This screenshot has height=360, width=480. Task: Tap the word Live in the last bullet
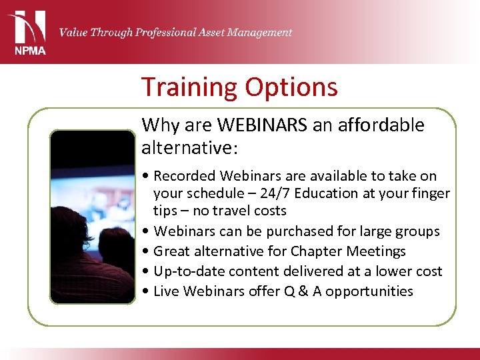[x=166, y=291]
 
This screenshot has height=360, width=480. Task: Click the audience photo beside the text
[x=93, y=217]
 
